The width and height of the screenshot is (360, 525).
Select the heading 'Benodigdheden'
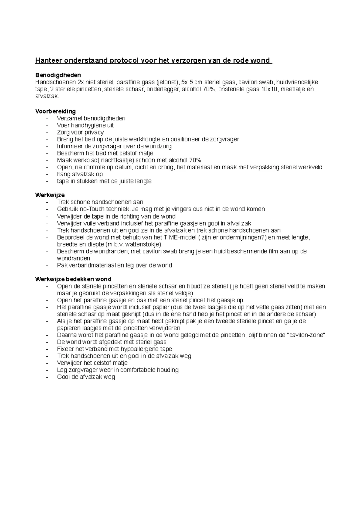click(x=58, y=75)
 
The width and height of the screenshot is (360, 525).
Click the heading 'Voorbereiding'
click(x=55, y=111)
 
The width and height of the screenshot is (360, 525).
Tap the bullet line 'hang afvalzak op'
click(x=80, y=174)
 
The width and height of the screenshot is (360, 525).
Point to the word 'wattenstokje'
click(x=143, y=244)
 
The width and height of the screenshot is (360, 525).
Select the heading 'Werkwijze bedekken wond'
click(x=73, y=279)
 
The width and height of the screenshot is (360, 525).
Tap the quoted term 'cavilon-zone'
click(x=306, y=335)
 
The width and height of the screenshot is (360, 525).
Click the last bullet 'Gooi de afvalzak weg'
click(x=86, y=377)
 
